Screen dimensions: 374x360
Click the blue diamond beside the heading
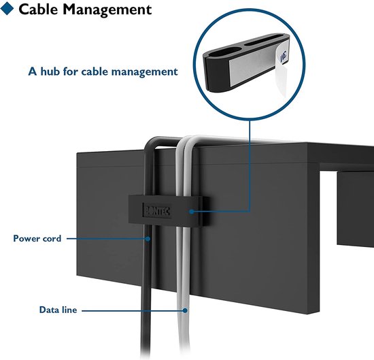[x=7, y=8]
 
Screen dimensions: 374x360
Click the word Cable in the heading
[x=38, y=10]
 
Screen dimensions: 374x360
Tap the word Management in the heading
[x=107, y=10]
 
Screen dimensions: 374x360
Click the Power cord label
[x=37, y=238]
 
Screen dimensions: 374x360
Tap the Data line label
[x=58, y=310]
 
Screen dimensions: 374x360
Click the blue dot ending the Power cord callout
[x=148, y=238]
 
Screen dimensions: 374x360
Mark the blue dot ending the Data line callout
[x=185, y=310]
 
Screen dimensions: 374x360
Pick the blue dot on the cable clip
[x=191, y=212]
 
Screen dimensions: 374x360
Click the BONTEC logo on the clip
[x=156, y=210]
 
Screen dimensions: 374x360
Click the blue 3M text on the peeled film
[x=284, y=56]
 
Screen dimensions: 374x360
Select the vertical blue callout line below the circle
[x=250, y=165]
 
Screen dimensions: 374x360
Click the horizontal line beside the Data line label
[x=133, y=310]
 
